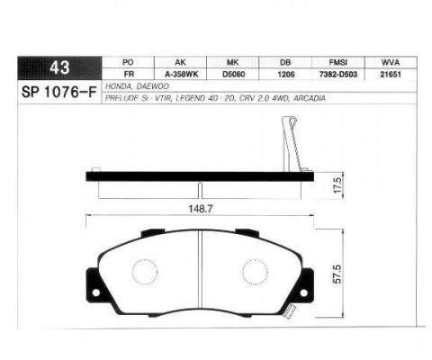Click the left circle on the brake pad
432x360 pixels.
click(x=143, y=270)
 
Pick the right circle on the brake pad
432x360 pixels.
click(x=256, y=270)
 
